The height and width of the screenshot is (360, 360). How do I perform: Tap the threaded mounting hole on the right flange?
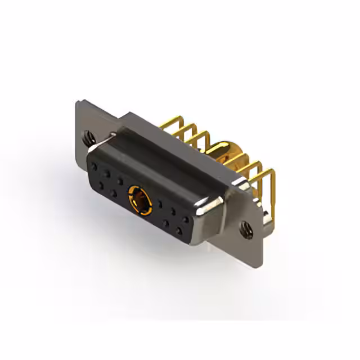(x=246, y=228)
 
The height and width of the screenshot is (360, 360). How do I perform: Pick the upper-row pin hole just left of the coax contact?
(x=120, y=181)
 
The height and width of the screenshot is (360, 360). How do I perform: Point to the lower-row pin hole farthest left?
(x=102, y=185)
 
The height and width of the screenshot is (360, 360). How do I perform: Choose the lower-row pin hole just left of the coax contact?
(x=114, y=193)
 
